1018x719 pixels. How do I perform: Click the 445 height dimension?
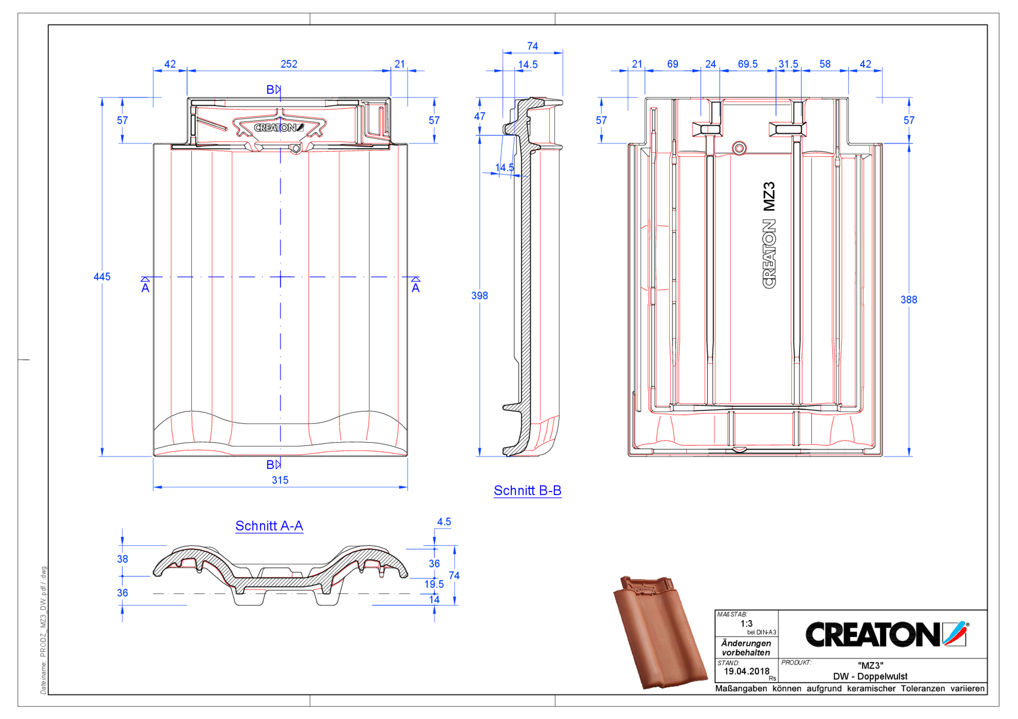coord(101,277)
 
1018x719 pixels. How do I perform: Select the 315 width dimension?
coord(280,480)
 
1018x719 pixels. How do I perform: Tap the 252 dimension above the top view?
coord(289,64)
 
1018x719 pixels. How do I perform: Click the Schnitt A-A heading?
coord(269,526)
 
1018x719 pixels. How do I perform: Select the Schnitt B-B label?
coord(527,490)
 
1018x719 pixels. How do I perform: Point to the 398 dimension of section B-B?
coord(479,296)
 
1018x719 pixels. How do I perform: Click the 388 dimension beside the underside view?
coord(909,300)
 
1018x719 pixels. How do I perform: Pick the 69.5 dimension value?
coord(748,64)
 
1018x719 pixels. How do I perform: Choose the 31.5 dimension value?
coord(788,64)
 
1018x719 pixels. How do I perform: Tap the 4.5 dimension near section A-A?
coord(444,522)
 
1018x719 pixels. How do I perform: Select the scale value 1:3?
coord(746,624)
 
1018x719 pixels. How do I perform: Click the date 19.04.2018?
coord(747,671)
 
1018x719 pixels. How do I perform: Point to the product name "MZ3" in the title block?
coord(870,665)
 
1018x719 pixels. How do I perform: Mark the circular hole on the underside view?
coord(739,148)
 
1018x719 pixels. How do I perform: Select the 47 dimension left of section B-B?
coord(479,116)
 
